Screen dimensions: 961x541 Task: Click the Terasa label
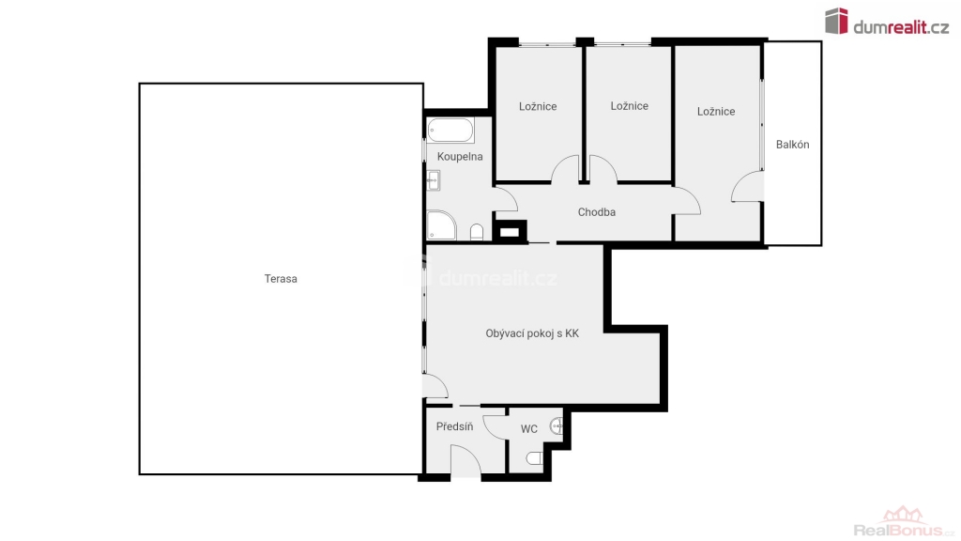coord(281,278)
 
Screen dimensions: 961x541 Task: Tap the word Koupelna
coord(460,157)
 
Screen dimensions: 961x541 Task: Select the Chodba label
coord(596,212)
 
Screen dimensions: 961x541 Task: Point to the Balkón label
coord(792,144)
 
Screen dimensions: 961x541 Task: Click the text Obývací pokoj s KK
coord(532,333)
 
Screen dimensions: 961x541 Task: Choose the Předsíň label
coord(454,426)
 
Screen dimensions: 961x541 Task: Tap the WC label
coord(529,429)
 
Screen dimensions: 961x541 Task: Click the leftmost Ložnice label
coord(538,107)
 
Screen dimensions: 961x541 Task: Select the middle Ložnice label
coord(630,106)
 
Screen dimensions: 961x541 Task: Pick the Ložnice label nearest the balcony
coord(716,112)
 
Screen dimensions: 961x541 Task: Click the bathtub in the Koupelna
coord(450,130)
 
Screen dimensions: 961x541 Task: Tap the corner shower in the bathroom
coord(441,225)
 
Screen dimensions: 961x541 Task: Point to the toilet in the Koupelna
coord(477,232)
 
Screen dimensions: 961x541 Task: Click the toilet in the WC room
coord(534,458)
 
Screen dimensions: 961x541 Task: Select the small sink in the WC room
coord(557,425)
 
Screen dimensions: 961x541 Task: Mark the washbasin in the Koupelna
coord(434,180)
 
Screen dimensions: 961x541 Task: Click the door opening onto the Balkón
coord(747,187)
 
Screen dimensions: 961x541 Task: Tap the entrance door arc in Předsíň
coord(465,460)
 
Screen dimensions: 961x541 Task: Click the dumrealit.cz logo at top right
coord(886,23)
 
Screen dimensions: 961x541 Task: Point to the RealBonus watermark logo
coord(904,522)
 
